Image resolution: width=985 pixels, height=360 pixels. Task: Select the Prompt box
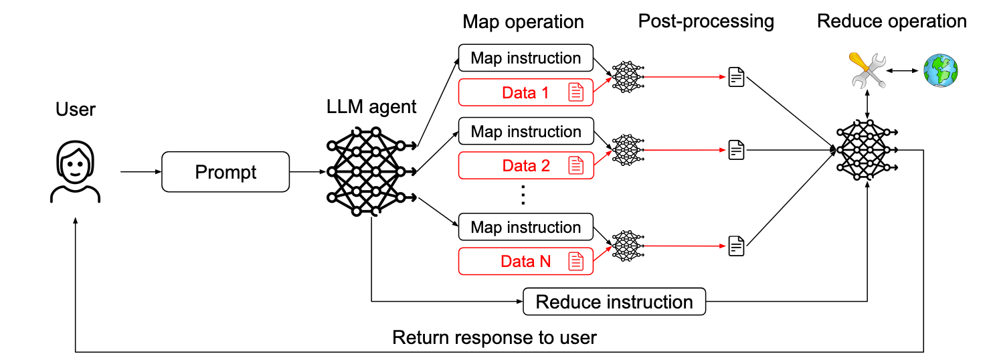tap(226, 172)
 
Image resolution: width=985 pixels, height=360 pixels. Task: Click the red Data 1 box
tap(526, 93)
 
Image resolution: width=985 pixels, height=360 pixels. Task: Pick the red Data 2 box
tap(526, 166)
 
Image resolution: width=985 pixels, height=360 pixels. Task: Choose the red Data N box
tap(526, 262)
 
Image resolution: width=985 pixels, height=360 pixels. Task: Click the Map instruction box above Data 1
tap(526, 58)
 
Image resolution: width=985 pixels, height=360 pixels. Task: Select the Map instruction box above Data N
tap(526, 227)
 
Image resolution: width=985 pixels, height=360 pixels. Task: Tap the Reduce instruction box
tap(614, 302)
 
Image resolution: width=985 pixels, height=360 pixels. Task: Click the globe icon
tap(940, 70)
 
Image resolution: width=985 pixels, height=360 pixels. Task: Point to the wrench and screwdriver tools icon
tap(868, 70)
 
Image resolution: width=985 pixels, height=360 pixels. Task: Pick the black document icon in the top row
tap(736, 77)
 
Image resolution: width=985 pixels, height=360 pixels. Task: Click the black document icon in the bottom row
tap(736, 246)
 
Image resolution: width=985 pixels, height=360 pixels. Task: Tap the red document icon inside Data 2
tap(575, 166)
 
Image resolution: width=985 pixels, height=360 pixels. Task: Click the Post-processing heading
tap(706, 21)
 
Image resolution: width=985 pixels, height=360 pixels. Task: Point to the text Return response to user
tap(494, 337)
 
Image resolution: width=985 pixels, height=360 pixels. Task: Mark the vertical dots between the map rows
tap(524, 196)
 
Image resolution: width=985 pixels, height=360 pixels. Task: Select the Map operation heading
tap(523, 22)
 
